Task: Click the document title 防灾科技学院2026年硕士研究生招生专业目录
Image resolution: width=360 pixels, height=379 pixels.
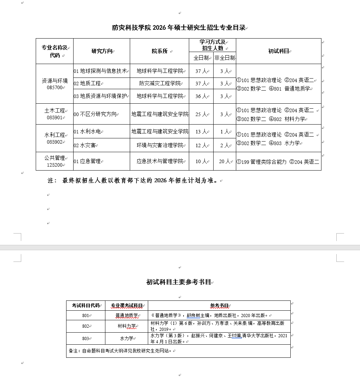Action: pos(179,28)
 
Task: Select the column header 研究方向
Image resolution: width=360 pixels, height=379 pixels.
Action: pos(102,51)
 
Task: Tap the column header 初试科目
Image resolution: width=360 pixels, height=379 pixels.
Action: pos(279,51)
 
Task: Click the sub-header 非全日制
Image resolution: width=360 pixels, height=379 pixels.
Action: pos(224,58)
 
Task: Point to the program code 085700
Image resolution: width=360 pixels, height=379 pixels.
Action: pos(54,87)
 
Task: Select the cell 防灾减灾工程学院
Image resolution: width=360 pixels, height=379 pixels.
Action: pos(160,84)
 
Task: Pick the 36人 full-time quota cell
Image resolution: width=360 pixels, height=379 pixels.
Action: pos(201,96)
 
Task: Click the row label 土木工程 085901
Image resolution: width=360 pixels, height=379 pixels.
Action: pos(54,114)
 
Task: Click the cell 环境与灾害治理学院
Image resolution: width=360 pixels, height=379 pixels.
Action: pos(160,145)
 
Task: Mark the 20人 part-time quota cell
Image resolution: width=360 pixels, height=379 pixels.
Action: pos(224,161)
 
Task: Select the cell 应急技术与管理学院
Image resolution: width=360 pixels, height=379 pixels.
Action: pos(160,161)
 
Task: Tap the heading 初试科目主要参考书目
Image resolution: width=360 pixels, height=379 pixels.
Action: pos(179,282)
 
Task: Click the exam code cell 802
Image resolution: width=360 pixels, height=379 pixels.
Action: pos(86,326)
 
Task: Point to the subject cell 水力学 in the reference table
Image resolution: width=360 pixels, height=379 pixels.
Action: pos(126,338)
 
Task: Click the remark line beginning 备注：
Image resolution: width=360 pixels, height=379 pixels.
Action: pos(121,351)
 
